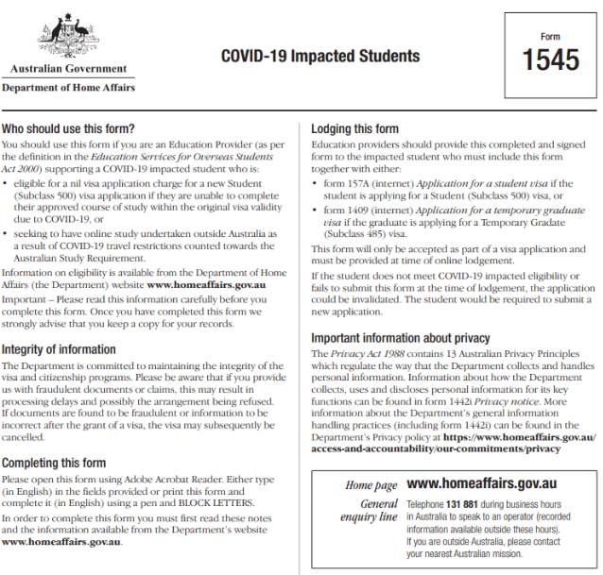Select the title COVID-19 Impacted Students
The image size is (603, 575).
320,56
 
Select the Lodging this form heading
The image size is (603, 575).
355,128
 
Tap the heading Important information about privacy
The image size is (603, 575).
401,338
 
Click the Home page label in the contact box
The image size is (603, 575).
371,485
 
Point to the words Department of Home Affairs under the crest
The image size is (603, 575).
68,88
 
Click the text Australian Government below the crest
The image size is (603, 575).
68,69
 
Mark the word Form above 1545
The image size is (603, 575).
551,37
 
